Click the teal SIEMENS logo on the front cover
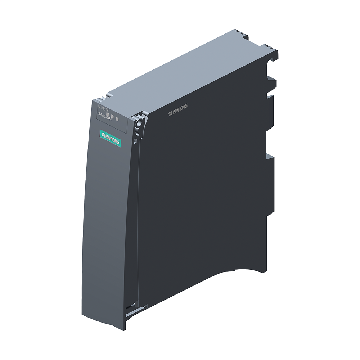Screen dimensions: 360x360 coord(110,138)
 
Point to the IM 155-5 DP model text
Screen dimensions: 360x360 coord(104,107)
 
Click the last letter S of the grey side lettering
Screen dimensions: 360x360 coord(186,107)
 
